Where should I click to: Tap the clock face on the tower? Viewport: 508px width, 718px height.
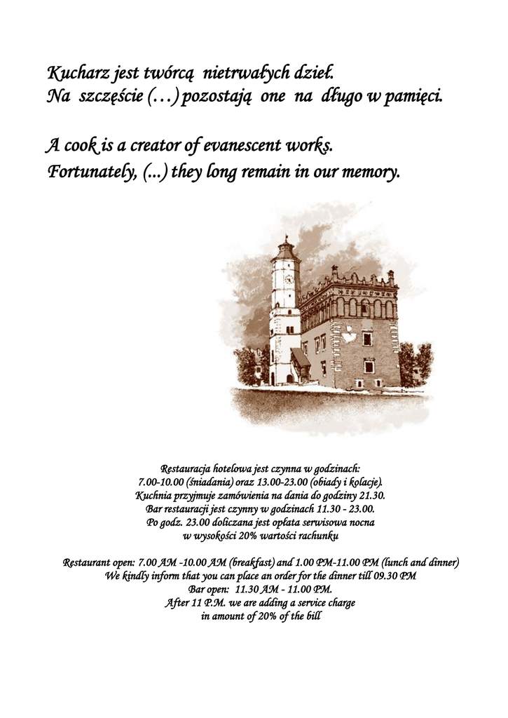coord(288,278)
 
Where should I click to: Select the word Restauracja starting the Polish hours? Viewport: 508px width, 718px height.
coord(187,467)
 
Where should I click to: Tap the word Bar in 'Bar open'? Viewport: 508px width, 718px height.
coord(197,590)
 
